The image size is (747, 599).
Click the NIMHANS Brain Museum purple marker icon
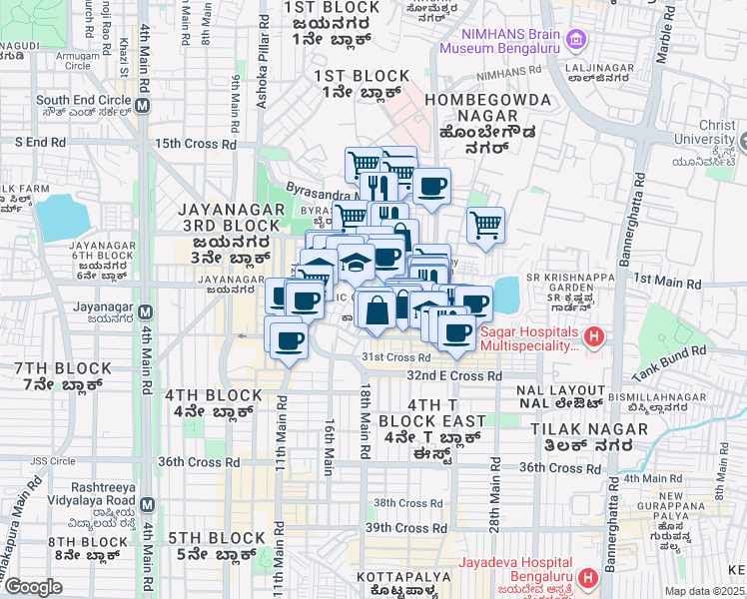click(x=575, y=40)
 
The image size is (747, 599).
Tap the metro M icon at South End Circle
click(x=144, y=105)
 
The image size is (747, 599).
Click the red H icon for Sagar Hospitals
click(x=594, y=336)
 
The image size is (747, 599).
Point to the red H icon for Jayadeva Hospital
click(x=588, y=577)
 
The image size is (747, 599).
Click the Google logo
click(x=33, y=587)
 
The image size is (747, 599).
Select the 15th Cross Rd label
click(x=195, y=144)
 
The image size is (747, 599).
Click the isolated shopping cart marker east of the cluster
click(x=485, y=224)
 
